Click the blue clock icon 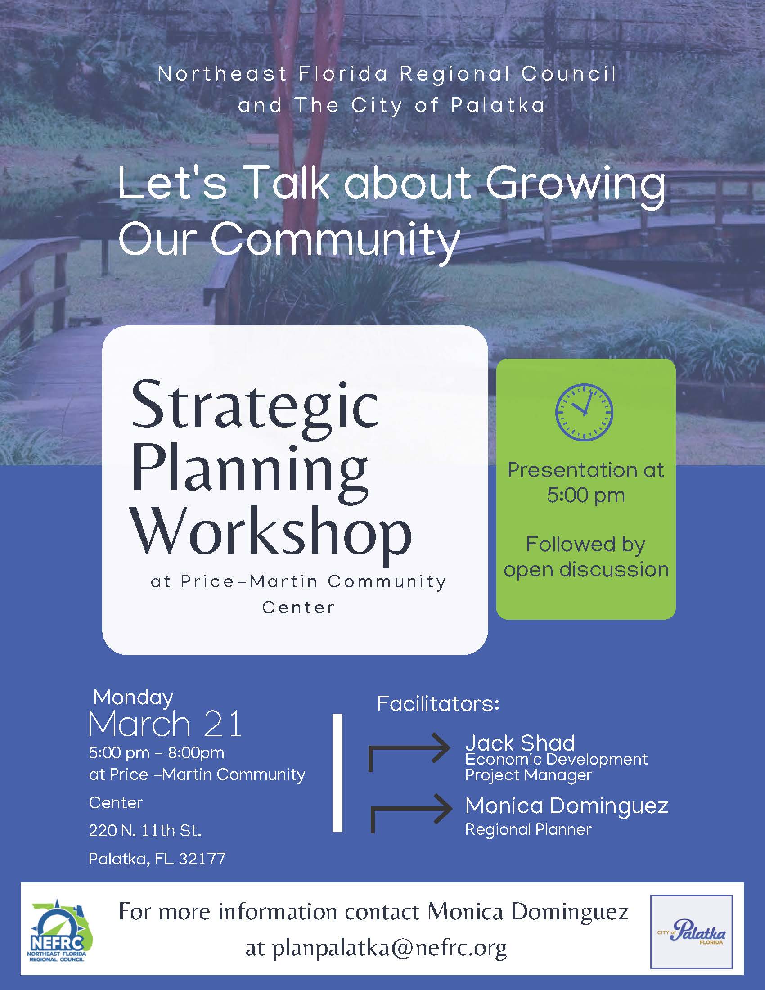click(x=584, y=412)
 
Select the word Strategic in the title click(x=254, y=405)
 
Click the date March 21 click(x=166, y=724)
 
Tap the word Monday click(x=133, y=697)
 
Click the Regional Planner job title click(x=528, y=829)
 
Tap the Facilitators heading click(x=438, y=704)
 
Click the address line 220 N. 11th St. click(x=145, y=830)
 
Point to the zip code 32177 click(x=202, y=859)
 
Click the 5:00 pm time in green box click(x=585, y=495)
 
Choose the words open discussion click(x=585, y=569)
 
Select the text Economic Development click(x=556, y=759)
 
